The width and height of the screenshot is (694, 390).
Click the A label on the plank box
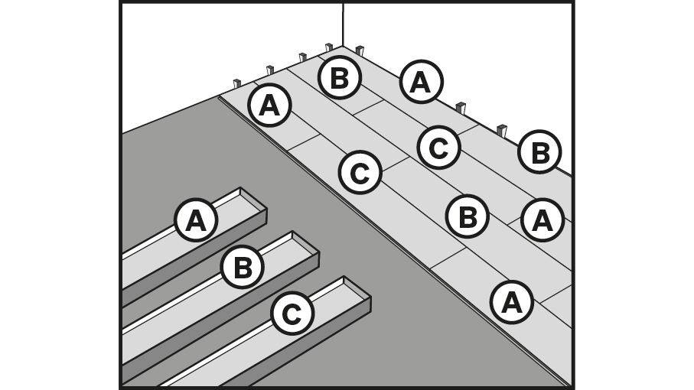pos(196,221)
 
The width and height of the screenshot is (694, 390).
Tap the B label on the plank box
pos(243,268)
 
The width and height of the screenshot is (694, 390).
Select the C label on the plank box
pos(292,314)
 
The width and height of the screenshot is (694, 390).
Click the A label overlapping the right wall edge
pos(420,82)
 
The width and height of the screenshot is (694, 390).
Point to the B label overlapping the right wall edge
pos(539,152)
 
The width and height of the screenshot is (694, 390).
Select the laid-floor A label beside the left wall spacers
pos(269,106)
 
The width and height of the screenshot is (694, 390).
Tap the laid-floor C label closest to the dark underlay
pos(359,173)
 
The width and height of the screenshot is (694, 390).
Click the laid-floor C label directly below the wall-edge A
pos(438,148)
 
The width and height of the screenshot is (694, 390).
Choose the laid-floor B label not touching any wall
pos(467,216)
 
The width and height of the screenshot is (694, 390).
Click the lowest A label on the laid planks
pos(511,302)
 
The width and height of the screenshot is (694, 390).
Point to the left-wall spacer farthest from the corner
pos(236,83)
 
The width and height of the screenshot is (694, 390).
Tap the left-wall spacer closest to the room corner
pos(328,48)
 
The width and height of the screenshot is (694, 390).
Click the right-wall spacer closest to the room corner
pos(359,51)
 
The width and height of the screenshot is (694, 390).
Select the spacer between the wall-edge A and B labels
pos(461,108)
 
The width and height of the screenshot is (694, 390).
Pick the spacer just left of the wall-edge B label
pos(502,131)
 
